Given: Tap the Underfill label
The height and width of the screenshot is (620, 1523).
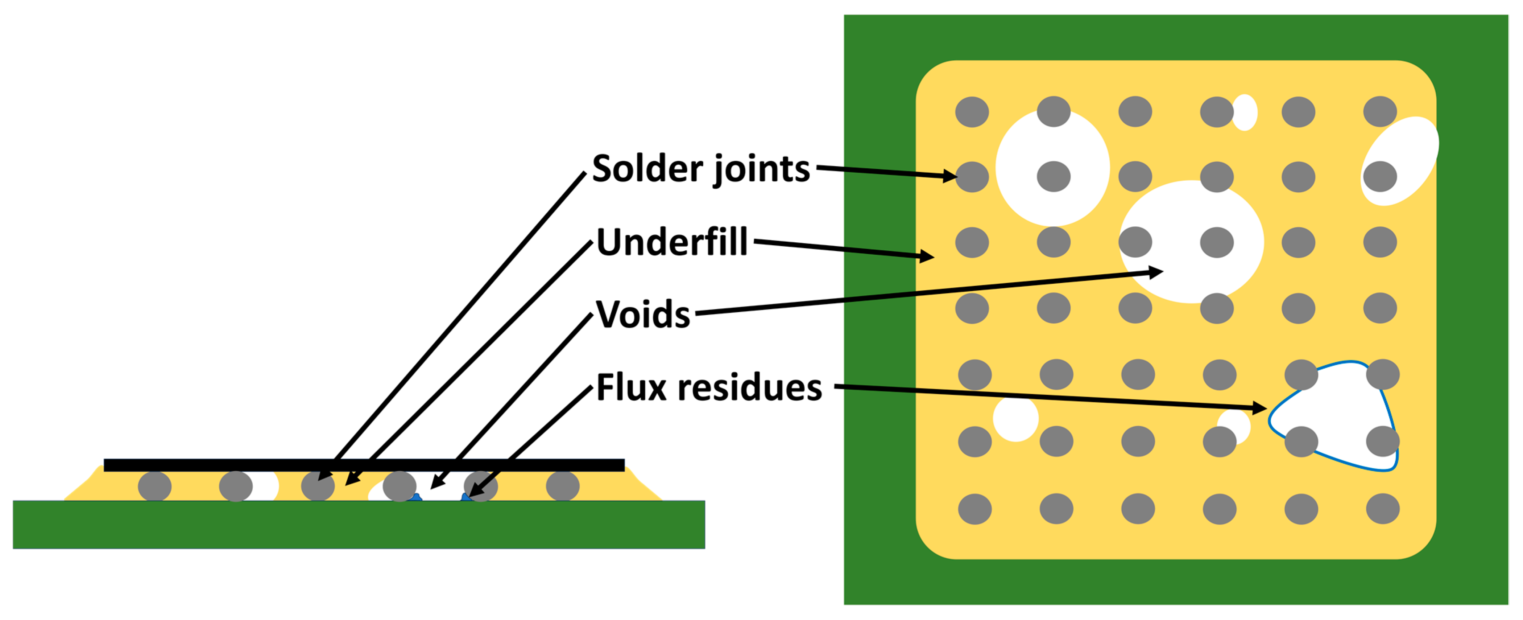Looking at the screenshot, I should [672, 243].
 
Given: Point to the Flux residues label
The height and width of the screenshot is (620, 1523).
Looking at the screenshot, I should [708, 388].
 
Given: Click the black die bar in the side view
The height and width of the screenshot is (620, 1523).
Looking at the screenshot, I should [364, 465].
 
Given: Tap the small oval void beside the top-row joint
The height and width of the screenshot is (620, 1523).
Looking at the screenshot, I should [1245, 112].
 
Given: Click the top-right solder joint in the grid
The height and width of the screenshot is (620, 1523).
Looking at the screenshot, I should [1380, 112].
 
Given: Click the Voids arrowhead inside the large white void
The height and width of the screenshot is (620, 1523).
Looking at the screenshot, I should [1155, 272].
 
